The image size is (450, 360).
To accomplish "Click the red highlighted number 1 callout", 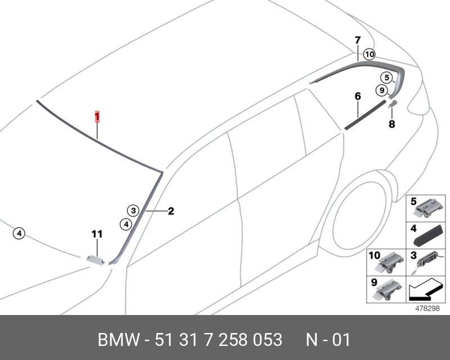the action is tap(97, 116).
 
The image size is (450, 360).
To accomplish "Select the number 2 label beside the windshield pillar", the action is tap(170, 211).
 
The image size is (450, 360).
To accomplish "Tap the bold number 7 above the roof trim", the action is tap(357, 40).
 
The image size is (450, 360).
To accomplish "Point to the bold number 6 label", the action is tap(357, 97).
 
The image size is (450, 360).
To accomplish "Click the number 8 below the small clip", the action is tap(391, 124).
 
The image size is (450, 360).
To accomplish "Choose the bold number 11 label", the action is tap(97, 234).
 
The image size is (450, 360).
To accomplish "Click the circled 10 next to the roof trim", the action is tap(369, 55).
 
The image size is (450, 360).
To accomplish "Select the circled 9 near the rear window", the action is tap(381, 90).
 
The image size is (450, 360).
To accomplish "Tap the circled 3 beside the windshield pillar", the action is tap(132, 211).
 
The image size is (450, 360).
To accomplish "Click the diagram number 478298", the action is tap(427, 309).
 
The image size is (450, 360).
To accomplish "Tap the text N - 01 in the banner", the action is tap(328, 340).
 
